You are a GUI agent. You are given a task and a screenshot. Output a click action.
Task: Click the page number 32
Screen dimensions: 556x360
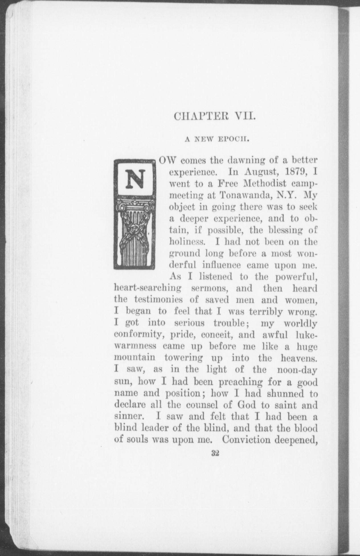coord(215,454)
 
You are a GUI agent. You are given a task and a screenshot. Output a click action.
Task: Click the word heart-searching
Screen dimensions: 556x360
coord(148,288)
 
